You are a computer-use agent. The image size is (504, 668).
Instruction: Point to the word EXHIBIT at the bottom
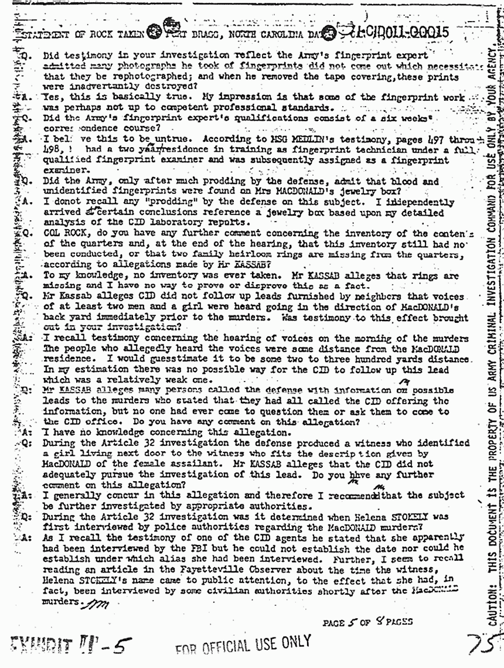45,640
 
